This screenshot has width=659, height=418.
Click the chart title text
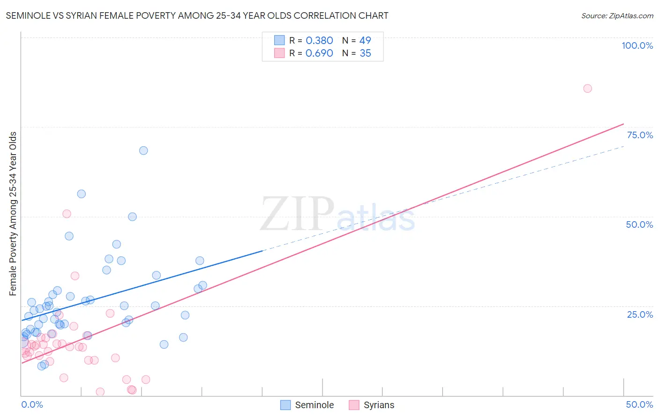pyautogui.click(x=197, y=15)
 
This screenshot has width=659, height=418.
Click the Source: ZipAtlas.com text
pyautogui.click(x=617, y=15)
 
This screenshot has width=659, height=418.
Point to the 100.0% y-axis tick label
pyautogui.click(x=637, y=45)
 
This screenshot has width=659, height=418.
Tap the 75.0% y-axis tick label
pyautogui.click(x=639, y=135)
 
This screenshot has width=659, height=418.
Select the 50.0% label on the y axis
pyautogui.click(x=639, y=224)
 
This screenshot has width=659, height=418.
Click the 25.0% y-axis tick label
pyautogui.click(x=639, y=314)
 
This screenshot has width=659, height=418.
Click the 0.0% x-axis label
pyautogui.click(x=32, y=404)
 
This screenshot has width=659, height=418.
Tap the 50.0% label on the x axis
pyautogui.click(x=639, y=404)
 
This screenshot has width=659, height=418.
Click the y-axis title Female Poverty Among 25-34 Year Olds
pyautogui.click(x=13, y=214)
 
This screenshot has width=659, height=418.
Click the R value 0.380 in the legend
pyautogui.click(x=319, y=41)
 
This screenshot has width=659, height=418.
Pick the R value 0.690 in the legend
pyautogui.click(x=319, y=53)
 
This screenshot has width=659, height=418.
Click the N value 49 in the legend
pyautogui.click(x=365, y=41)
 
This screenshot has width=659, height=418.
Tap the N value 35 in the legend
pyautogui.click(x=365, y=53)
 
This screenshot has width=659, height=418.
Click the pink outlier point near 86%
pyautogui.click(x=587, y=89)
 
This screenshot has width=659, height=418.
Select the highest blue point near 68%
pyautogui.click(x=143, y=150)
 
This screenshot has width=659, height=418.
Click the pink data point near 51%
pyautogui.click(x=67, y=214)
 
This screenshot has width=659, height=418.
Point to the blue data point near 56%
pyautogui.click(x=81, y=194)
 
